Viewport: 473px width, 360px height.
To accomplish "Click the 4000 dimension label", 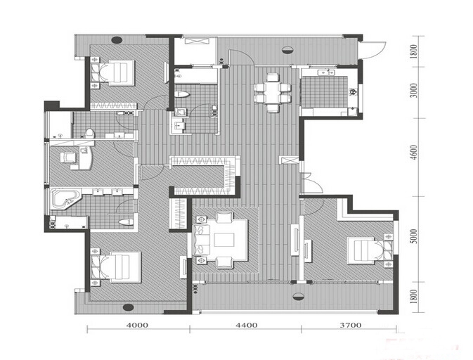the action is pos(137,326).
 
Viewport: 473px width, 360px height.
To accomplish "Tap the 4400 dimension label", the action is pos(247,326).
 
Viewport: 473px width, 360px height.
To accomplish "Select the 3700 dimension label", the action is pos(351,326).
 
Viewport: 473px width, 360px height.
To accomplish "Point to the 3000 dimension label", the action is pos(415,90).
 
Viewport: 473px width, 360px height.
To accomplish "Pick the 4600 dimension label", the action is pos(415,153).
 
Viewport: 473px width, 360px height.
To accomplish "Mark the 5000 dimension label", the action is pos(415,236).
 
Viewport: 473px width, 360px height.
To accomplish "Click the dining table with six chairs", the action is pos(273,93).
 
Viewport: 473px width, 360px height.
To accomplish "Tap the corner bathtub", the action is pos(65,199).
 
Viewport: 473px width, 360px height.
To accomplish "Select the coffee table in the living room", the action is pos(224,240).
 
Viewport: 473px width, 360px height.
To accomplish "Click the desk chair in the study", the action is pos(67,157).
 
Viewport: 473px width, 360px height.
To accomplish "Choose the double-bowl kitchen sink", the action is pos(327,72).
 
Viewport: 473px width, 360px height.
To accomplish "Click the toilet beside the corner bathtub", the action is pos(126,222).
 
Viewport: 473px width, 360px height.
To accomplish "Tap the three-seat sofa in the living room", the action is pos(201,240).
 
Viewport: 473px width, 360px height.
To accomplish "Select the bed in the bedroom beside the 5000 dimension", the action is pos(363,250).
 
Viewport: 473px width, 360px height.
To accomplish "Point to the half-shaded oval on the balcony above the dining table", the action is pos(287,50).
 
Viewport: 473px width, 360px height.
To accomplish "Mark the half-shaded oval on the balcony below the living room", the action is pos(299,296).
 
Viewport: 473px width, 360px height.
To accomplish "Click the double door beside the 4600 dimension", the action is pos(311,183).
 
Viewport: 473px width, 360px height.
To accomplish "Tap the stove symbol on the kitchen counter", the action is pos(352,91).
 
